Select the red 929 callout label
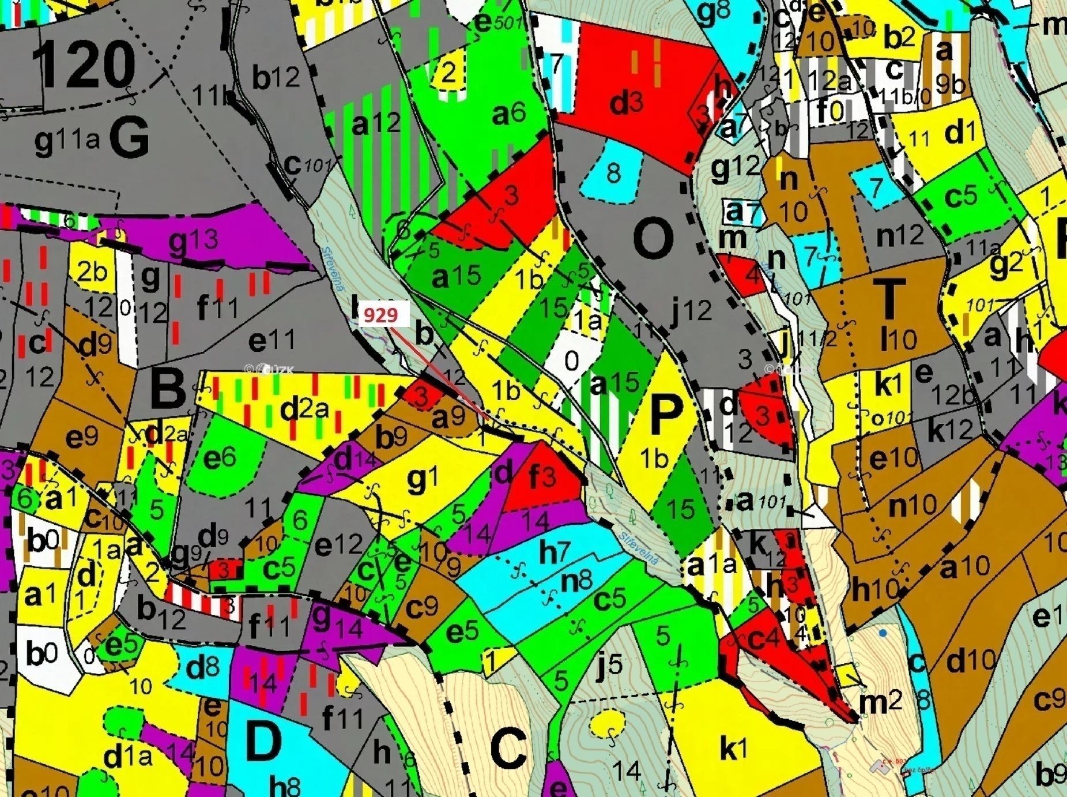pyautogui.click(x=382, y=315)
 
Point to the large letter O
pyautogui.click(x=653, y=238)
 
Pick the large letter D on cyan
pyautogui.click(x=263, y=742)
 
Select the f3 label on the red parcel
pyautogui.click(x=542, y=477)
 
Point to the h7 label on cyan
pyautogui.click(x=555, y=552)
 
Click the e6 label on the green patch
pyautogui.click(x=220, y=458)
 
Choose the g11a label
pyautogui.click(x=67, y=140)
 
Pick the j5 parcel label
pyautogui.click(x=609, y=666)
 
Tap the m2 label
pyautogui.click(x=880, y=702)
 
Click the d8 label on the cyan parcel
pyautogui.click(x=202, y=668)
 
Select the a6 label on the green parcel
pyautogui.click(x=508, y=114)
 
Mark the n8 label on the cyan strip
pyautogui.click(x=577, y=581)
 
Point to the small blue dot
pyautogui.click(x=883, y=633)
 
